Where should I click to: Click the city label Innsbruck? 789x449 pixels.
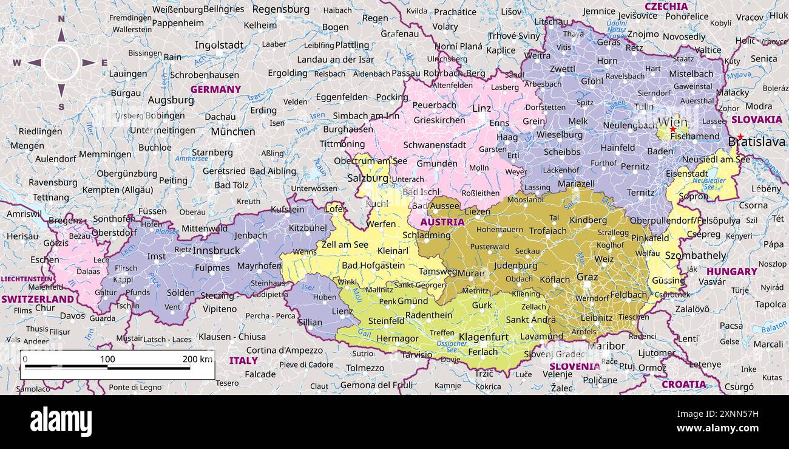(217, 250)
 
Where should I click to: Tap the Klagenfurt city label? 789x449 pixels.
(483, 337)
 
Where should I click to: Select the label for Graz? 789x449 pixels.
(587, 276)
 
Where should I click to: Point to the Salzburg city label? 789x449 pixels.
(367, 178)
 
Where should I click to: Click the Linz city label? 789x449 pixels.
(481, 108)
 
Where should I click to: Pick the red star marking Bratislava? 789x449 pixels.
(740, 137)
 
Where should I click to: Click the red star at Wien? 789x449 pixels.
(672, 129)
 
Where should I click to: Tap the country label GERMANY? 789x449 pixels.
(215, 89)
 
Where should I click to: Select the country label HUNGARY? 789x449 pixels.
(731, 272)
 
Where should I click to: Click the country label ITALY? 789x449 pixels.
(243, 360)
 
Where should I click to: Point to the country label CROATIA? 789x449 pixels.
(683, 384)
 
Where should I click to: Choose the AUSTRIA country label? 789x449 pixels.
(442, 222)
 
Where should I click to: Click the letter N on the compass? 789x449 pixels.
(61, 19)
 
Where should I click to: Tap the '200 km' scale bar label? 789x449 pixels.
(197, 359)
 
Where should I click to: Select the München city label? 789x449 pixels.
(232, 131)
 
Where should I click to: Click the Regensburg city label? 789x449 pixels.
(280, 9)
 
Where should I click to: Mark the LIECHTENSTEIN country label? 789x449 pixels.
(26, 279)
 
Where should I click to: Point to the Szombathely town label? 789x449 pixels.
(695, 255)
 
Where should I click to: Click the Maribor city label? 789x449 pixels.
(606, 346)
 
